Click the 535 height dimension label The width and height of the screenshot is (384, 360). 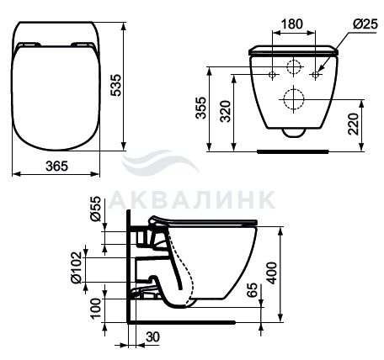tap(116, 85)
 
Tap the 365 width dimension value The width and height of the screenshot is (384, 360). tap(57, 166)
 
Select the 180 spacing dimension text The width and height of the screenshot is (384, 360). tap(292, 24)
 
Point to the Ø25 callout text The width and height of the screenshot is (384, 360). tap(365, 24)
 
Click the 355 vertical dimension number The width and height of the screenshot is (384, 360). tap(201, 108)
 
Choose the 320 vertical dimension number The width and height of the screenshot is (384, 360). tap(226, 111)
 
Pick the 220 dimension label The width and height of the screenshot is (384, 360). tap(353, 124)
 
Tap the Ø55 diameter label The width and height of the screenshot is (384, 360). tap(96, 209)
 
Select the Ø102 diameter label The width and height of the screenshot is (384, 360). tap(76, 267)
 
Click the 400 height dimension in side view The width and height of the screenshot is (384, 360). tap(271, 273)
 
